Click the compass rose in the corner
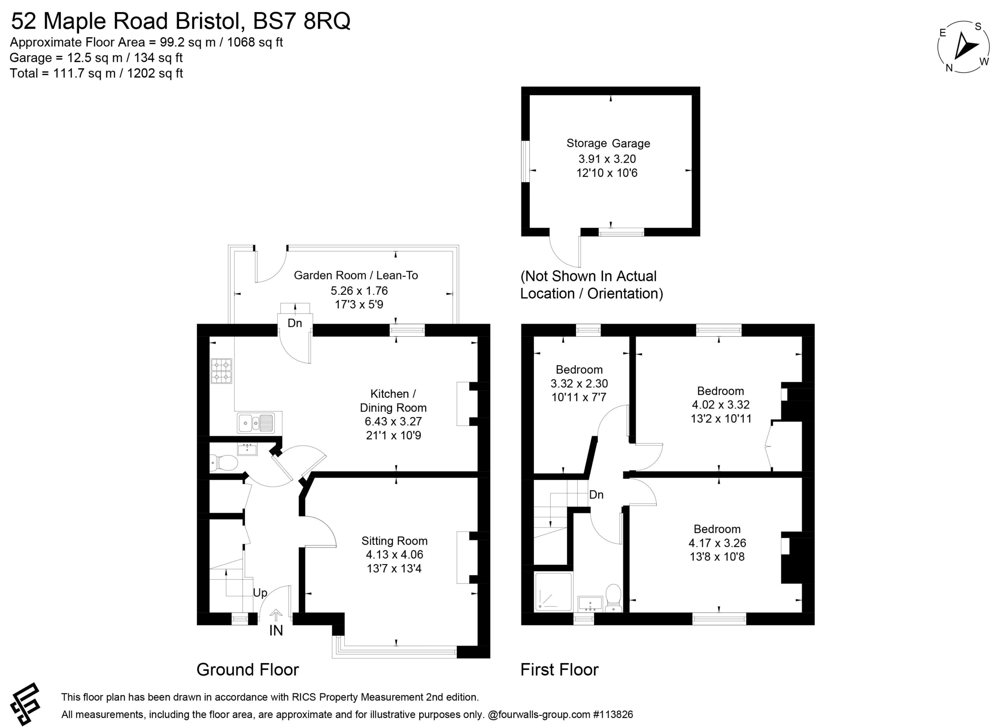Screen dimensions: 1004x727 pyautogui.click(x=963, y=47)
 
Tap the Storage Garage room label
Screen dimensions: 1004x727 pyautogui.click(x=608, y=143)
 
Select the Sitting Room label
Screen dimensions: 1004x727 pyautogui.click(x=395, y=541)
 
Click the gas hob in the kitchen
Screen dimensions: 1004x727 pyautogui.click(x=221, y=371)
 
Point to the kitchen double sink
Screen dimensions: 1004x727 pyautogui.click(x=256, y=423)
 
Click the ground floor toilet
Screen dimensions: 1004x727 pyautogui.click(x=224, y=463)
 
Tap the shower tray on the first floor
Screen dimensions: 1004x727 pyautogui.click(x=553, y=592)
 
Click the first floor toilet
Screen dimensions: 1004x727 pyautogui.click(x=613, y=598)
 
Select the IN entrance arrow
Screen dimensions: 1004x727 pyautogui.click(x=276, y=615)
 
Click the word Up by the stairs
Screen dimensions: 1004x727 pyautogui.click(x=260, y=593)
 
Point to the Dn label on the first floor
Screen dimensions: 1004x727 pyautogui.click(x=596, y=495)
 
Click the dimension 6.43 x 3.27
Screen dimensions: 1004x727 pyautogui.click(x=393, y=421)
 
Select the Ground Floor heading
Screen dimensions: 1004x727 pyautogui.click(x=248, y=669)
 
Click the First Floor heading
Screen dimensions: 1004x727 pyautogui.click(x=560, y=669)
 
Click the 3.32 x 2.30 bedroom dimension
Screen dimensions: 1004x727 pyautogui.click(x=579, y=383)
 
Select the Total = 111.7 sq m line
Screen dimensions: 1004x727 pyautogui.click(x=96, y=73)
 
